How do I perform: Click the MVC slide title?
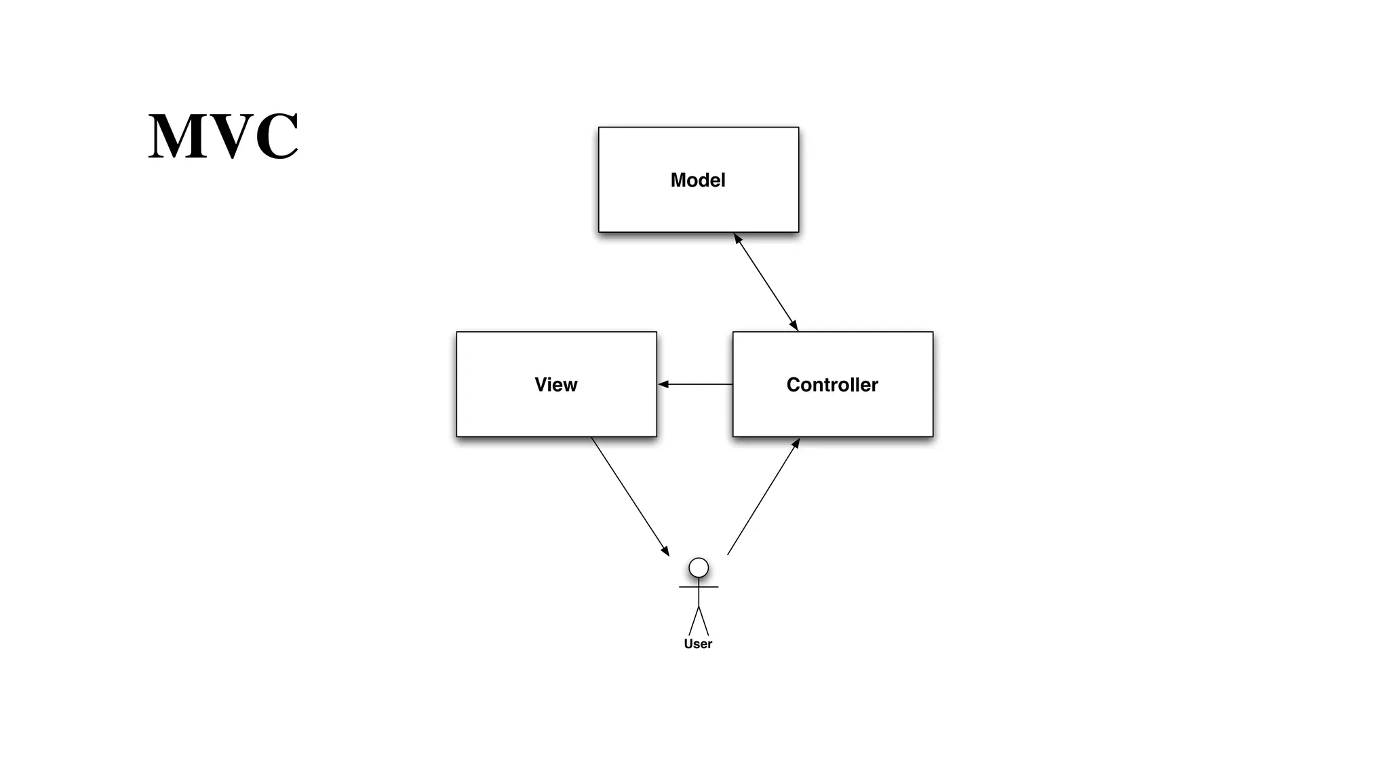click(223, 136)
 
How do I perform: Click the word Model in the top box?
click(698, 180)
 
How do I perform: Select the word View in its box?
click(555, 385)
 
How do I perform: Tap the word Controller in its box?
click(832, 385)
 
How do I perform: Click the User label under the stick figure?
click(698, 644)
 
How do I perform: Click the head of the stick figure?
click(699, 567)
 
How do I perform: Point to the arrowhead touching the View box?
click(663, 384)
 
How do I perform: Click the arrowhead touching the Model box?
click(737, 238)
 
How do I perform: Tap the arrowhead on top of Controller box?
click(794, 326)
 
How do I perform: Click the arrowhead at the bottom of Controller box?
click(797, 442)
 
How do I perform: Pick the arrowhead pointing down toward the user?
click(665, 551)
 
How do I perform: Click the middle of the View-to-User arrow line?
click(630, 496)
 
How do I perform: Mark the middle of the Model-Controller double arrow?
click(766, 282)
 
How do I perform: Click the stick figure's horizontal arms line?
click(699, 587)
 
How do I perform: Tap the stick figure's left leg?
click(693, 622)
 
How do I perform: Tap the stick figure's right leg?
click(704, 622)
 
